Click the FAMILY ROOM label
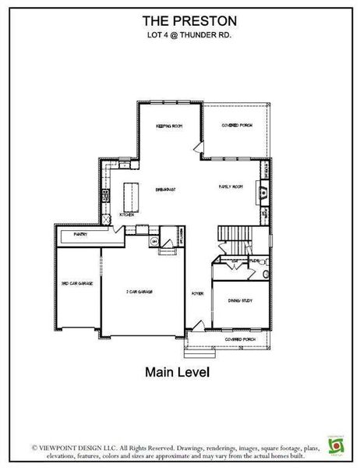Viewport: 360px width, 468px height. pos(231,187)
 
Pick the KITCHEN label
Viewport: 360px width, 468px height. pos(127,214)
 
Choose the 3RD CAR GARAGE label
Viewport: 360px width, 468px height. pos(77,283)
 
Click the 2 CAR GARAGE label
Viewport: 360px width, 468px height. pos(139,291)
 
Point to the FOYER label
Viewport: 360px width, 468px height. pos(198,293)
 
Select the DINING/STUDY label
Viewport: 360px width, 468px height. pos(238,300)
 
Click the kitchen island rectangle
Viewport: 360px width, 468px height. pos(130,196)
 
